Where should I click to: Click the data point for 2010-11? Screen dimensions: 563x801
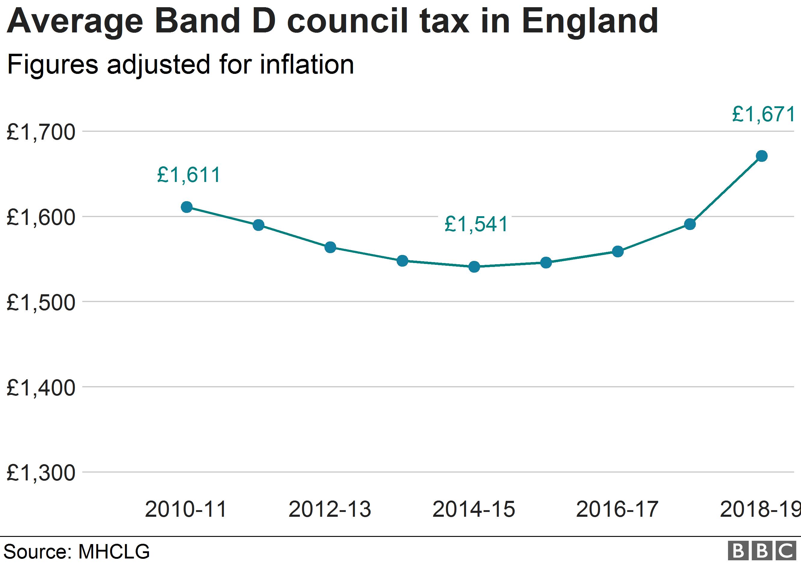[x=187, y=207]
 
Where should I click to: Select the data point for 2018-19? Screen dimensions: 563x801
[x=762, y=156]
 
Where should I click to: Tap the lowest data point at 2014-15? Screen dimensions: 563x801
[x=474, y=267]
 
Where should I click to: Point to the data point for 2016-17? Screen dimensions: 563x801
[x=618, y=251]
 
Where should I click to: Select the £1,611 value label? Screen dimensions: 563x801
[x=189, y=175]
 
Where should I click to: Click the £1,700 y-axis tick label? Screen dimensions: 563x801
[x=41, y=132]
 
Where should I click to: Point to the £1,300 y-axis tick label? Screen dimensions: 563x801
[x=41, y=473]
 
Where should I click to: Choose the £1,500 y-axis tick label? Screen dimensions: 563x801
[x=41, y=303]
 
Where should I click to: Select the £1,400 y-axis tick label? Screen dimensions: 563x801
[x=41, y=388]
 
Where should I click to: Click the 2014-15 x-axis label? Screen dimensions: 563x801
[x=474, y=509]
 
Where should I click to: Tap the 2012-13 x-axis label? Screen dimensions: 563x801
[x=330, y=509]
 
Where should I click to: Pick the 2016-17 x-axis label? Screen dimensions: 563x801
[x=617, y=509]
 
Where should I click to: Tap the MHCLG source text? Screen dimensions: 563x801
[x=114, y=552]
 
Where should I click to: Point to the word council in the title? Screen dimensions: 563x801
[x=347, y=22]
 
